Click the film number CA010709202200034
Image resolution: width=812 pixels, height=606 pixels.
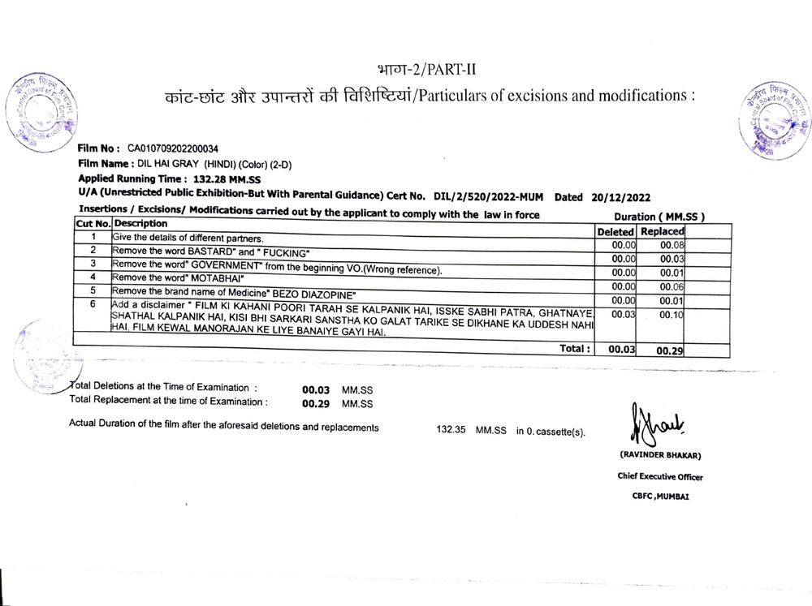click(172, 148)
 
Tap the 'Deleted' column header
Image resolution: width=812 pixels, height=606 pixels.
click(615, 231)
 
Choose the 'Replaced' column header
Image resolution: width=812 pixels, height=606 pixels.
click(662, 231)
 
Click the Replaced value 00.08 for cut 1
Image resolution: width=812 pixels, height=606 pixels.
click(673, 244)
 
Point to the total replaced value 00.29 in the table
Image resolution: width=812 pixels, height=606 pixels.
click(672, 350)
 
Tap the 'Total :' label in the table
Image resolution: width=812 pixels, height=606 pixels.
click(574, 348)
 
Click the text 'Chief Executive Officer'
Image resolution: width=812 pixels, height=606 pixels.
click(660, 477)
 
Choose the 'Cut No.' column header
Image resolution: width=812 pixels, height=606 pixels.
click(93, 223)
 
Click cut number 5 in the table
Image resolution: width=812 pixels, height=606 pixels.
click(93, 290)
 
